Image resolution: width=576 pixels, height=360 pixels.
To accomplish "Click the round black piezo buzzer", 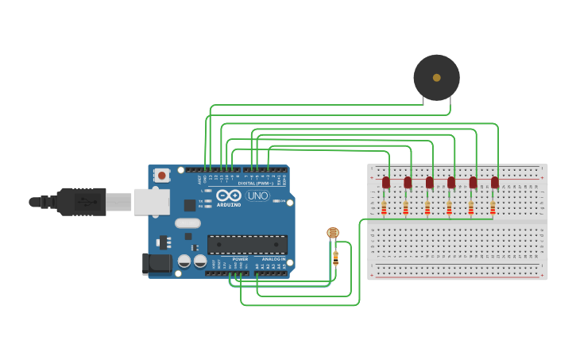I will tap(436, 77).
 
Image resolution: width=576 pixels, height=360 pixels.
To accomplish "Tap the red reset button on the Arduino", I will tap(162, 175).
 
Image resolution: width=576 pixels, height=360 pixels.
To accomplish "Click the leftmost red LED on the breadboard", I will tap(386, 182).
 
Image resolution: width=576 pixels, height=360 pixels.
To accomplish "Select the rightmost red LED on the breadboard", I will tap(494, 182).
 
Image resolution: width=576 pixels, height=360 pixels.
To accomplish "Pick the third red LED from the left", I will tap(430, 182).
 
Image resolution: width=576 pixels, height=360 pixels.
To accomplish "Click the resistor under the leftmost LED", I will tap(385, 208).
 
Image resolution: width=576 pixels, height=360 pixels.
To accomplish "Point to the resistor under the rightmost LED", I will tap(493, 208).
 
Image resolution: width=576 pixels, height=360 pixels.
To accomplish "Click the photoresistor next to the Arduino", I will tap(333, 233).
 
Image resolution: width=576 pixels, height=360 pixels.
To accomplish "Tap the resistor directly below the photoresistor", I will tap(335, 257).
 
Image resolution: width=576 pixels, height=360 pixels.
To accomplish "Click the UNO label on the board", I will tap(257, 195).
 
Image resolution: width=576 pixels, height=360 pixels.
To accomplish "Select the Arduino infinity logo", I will tap(228, 195).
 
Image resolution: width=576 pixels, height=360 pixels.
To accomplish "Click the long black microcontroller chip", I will tap(247, 245).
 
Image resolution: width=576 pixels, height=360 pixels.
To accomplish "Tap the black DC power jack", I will tap(157, 264).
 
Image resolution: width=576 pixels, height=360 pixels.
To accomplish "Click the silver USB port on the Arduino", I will tap(151, 202).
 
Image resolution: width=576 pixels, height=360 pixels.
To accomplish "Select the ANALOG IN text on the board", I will tap(273, 259).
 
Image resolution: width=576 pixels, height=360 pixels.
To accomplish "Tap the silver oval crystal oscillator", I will tap(187, 223).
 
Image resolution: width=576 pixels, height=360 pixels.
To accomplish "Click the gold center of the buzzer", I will tap(436, 77).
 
